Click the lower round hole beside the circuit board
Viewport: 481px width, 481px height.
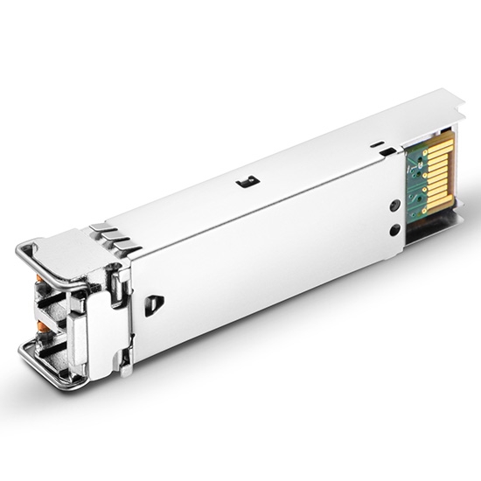395,230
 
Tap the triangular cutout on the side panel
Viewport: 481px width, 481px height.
154,305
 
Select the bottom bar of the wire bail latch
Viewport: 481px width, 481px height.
52,375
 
